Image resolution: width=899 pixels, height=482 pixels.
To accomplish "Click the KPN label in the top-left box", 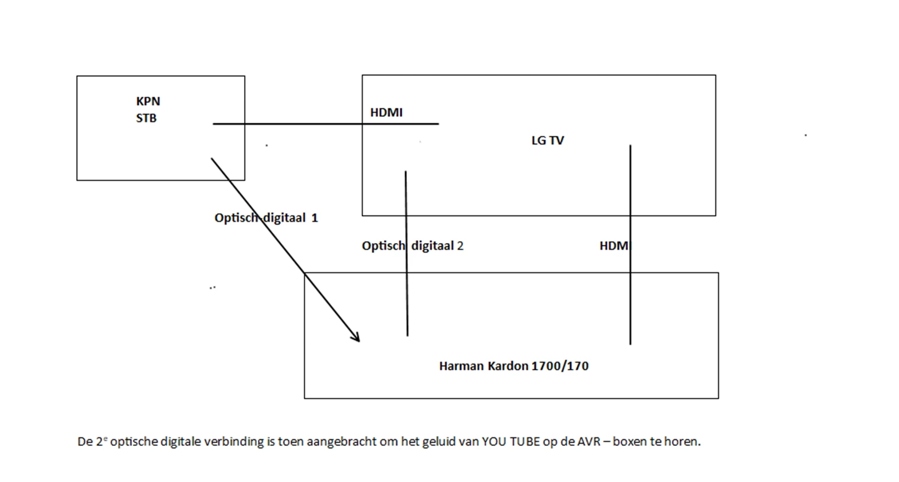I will (148, 101).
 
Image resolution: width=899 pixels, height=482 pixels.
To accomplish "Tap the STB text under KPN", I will (146, 118).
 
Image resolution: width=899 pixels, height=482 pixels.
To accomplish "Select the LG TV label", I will (547, 140).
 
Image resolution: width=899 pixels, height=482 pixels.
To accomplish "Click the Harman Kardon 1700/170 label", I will (513, 366).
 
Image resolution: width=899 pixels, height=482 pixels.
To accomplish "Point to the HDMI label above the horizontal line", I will (386, 112).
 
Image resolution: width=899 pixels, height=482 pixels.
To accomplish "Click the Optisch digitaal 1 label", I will (266, 218).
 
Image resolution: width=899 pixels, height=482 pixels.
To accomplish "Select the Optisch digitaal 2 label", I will (412, 246).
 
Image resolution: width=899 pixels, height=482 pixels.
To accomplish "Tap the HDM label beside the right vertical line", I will (614, 246).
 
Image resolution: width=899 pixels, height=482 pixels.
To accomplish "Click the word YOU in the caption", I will (494, 442).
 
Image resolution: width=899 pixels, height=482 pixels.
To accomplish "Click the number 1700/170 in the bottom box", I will (560, 366).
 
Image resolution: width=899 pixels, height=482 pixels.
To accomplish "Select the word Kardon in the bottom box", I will (508, 366).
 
